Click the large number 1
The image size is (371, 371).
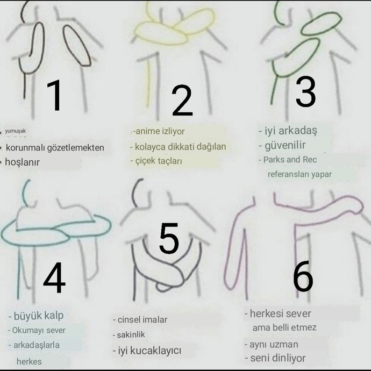click(55, 95)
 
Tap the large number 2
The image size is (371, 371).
click(182, 101)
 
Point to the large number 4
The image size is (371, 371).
click(54, 277)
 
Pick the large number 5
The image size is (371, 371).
click(169, 238)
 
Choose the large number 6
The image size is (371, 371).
click(303, 276)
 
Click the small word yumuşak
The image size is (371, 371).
click(16, 131)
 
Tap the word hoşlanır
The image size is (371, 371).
click(22, 162)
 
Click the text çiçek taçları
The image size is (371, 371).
click(159, 161)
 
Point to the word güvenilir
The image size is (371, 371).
click(285, 145)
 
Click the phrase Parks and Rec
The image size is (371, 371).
click(290, 160)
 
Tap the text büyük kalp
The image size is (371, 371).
click(39, 316)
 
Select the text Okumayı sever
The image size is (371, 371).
click(39, 330)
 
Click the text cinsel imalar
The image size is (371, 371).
click(142, 320)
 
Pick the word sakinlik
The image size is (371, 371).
click(131, 334)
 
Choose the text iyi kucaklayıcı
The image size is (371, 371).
click(150, 351)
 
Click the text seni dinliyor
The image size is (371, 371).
click(278, 358)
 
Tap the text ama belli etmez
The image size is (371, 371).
click(284, 327)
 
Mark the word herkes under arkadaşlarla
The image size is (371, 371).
click(29, 361)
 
